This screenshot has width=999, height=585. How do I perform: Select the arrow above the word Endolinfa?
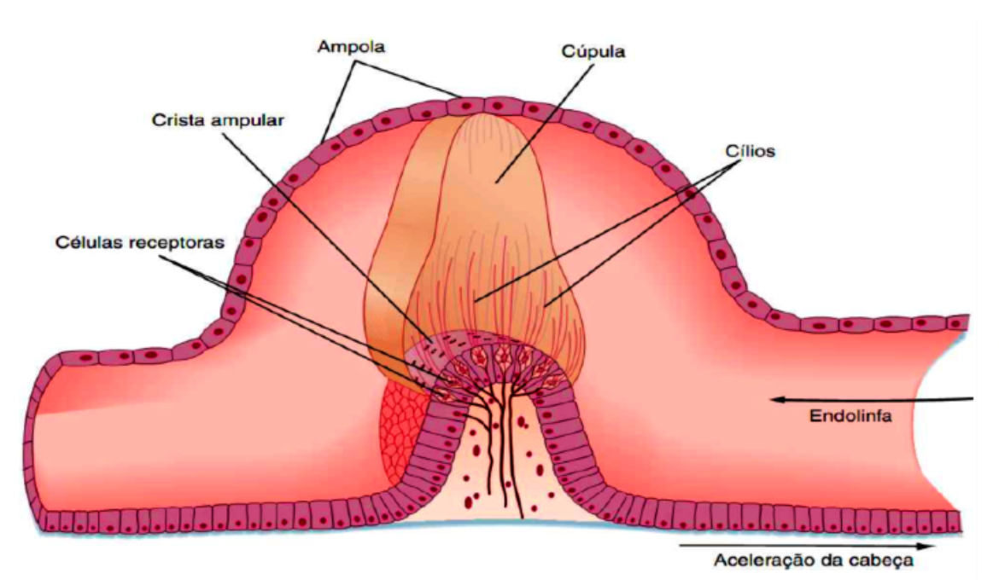(x=871, y=397)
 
